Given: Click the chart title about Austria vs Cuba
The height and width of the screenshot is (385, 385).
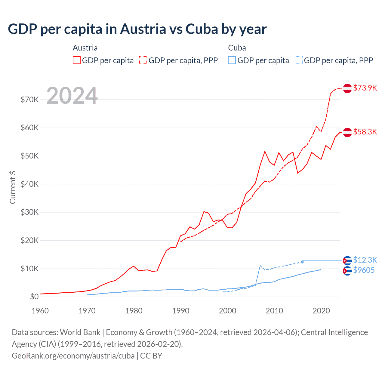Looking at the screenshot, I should tap(137, 29).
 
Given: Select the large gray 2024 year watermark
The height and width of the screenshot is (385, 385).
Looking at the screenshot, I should tap(72, 96).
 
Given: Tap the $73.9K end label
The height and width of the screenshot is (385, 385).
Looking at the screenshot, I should tap(365, 88).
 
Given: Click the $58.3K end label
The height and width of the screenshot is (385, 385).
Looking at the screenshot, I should tap(365, 132).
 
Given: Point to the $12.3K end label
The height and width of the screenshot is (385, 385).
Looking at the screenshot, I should tap(365, 260).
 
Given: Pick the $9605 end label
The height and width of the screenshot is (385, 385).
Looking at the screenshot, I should tap(364, 270).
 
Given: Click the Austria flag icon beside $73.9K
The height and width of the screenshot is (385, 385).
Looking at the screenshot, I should tap(347, 88).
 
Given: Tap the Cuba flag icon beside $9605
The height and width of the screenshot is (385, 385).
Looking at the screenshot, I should tap(347, 271).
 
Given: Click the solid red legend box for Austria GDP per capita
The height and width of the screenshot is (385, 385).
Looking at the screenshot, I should tap(77, 60).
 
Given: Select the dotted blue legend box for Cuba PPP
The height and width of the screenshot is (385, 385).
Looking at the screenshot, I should tap(299, 60).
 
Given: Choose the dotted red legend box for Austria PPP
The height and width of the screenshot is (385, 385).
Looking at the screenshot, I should tap(143, 60).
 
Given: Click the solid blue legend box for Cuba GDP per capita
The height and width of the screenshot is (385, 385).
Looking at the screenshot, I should tap(232, 60).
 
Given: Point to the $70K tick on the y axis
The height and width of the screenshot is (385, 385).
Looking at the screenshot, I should tap(29, 100).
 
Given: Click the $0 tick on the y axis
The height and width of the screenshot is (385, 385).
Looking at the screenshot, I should tap(34, 297).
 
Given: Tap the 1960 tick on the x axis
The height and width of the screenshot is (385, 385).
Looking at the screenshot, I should tap(40, 311).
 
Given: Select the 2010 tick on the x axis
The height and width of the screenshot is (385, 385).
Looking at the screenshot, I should tap(274, 311).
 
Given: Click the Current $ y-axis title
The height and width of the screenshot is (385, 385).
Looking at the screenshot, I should tap(13, 187).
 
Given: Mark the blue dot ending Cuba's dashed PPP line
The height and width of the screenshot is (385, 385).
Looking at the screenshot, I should tap(302, 262).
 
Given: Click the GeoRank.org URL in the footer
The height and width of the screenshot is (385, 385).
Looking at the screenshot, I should tap(73, 356).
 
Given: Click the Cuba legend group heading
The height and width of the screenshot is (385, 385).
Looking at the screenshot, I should tap(237, 48).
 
